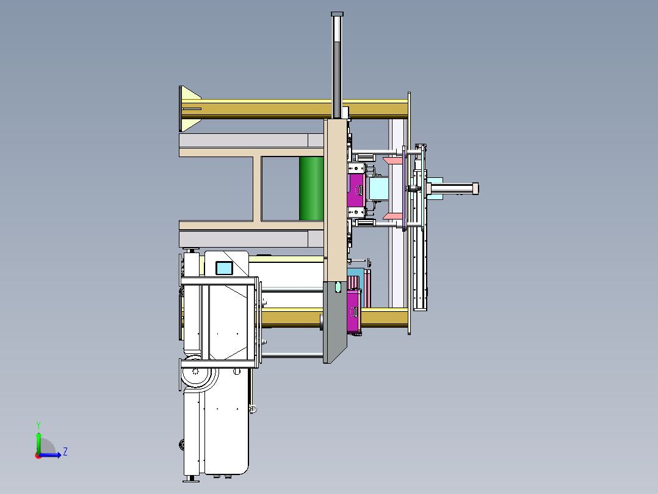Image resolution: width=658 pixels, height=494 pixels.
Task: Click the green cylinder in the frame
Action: (x=311, y=188)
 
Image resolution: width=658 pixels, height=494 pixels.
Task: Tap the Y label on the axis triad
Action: (x=38, y=425)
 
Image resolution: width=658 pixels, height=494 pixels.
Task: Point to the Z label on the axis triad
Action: (x=65, y=452)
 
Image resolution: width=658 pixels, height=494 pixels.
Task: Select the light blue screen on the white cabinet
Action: (x=224, y=268)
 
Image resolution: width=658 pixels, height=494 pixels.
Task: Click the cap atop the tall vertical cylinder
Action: (x=338, y=14)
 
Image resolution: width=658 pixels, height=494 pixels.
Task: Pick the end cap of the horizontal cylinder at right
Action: (x=475, y=188)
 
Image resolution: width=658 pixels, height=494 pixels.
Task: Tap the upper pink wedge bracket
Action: (x=393, y=161)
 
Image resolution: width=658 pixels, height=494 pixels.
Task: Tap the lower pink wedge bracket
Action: (x=393, y=216)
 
